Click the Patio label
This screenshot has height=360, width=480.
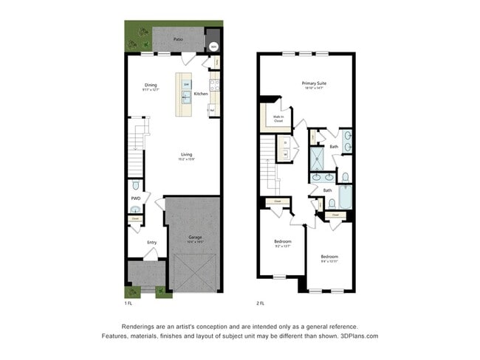coord(178,38)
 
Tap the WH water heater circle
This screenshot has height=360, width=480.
coord(213,46)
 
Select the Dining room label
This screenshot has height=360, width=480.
coord(151,86)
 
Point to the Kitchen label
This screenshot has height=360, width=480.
coord(201,94)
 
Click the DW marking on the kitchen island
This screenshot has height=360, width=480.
coord(187,86)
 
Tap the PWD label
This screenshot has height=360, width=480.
coord(136,198)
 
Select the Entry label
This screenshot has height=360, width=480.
coord(152,242)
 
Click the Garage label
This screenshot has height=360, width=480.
coord(195,237)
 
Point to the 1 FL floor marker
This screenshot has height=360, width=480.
coord(128,302)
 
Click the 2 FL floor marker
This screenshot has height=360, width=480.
coord(259,302)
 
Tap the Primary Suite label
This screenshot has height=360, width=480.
coord(315,84)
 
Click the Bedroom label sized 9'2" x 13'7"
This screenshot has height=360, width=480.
coord(283,242)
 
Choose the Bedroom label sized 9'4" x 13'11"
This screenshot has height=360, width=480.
coord(329,257)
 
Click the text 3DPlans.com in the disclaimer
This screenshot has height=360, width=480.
coord(358,336)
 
